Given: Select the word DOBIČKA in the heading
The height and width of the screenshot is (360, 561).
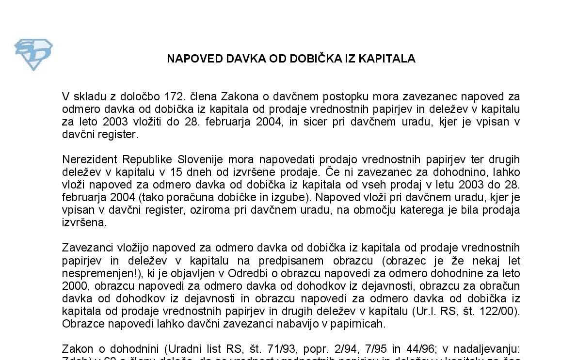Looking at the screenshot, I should pos(310,59).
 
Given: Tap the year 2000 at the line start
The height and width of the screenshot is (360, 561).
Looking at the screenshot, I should pos(73,286).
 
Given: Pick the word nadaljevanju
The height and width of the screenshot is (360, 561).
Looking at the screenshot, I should pos(490,349).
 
